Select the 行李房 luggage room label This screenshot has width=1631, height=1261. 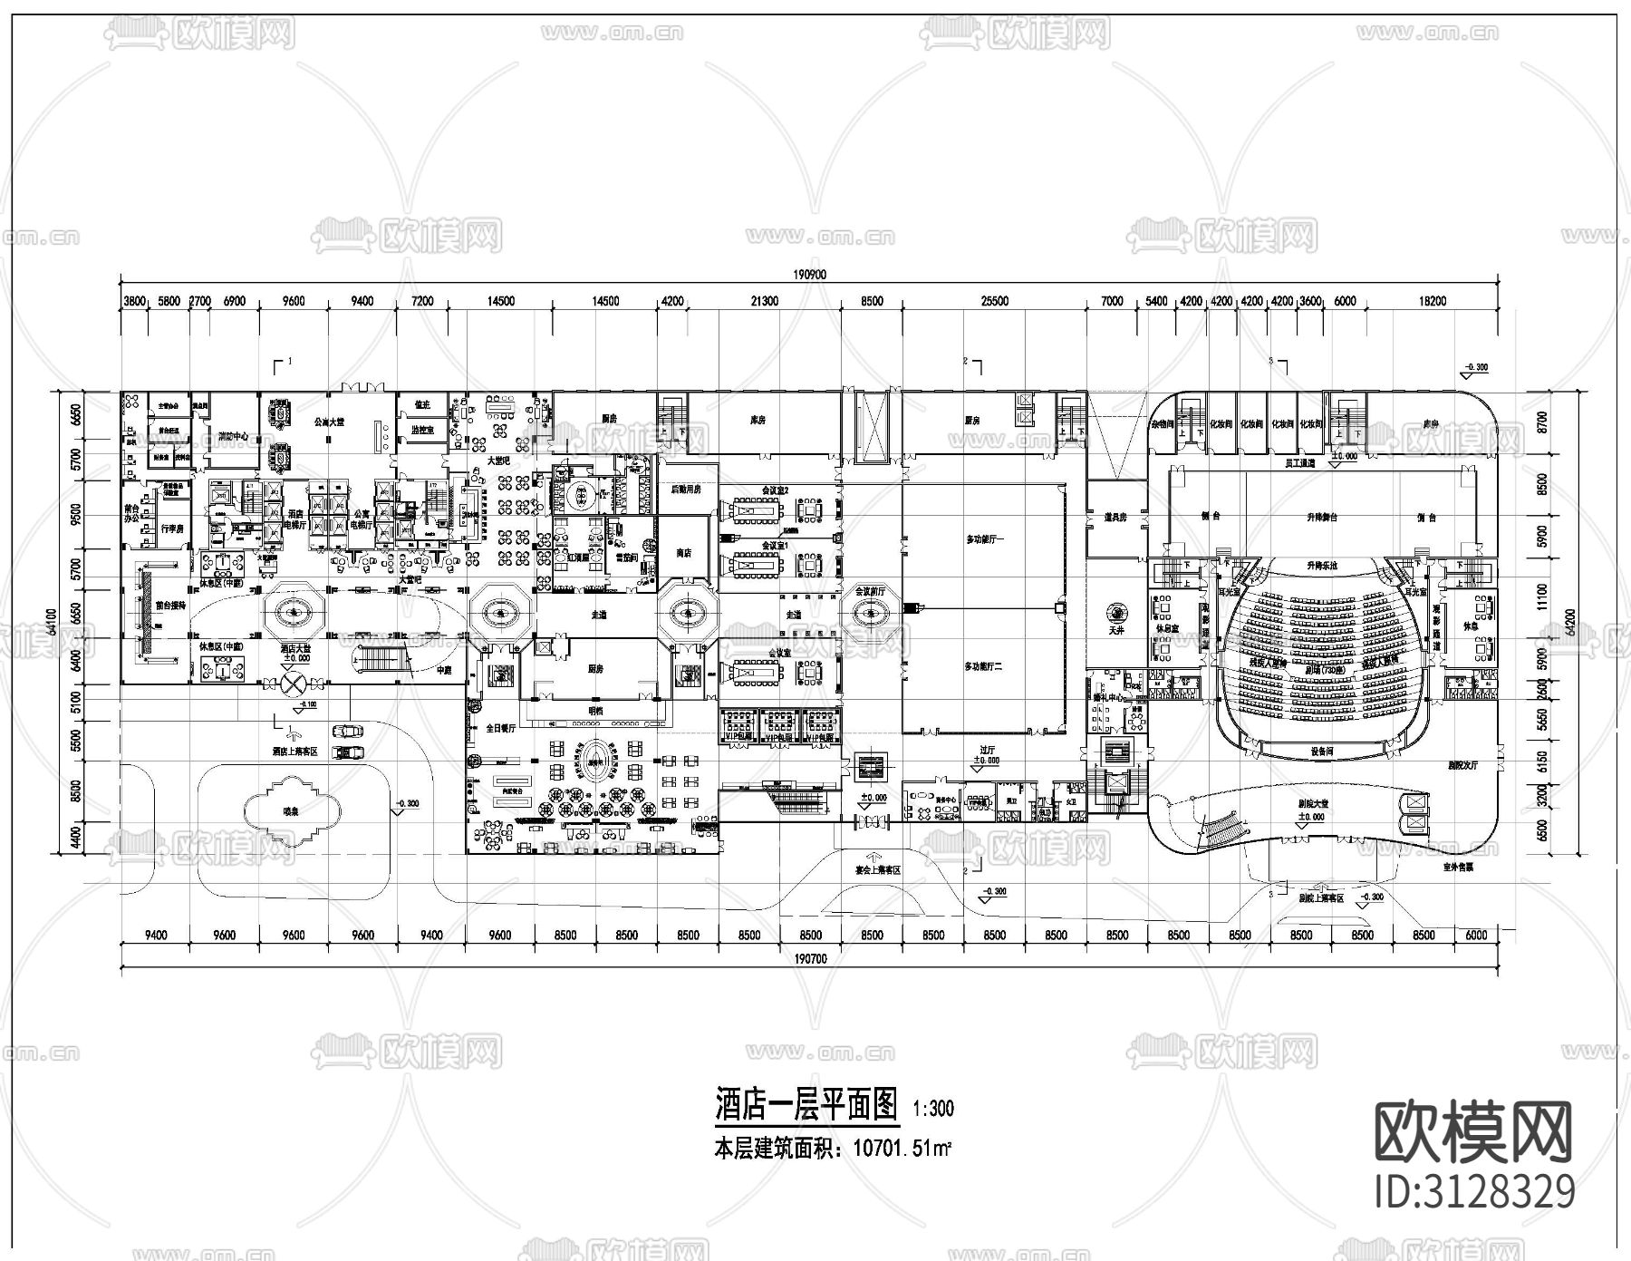tap(172, 528)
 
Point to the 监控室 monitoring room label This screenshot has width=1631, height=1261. tap(421, 432)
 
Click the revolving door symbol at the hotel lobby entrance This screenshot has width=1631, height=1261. tap(292, 683)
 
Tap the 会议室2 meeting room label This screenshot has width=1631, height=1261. tap(775, 490)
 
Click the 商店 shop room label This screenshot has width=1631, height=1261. tap(684, 552)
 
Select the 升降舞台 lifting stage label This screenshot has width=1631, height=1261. tap(1322, 518)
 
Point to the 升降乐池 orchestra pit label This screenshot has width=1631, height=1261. tap(1322, 565)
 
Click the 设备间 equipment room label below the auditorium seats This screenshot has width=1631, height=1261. tap(1322, 752)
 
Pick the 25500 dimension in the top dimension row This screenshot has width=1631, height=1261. tap(994, 302)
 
